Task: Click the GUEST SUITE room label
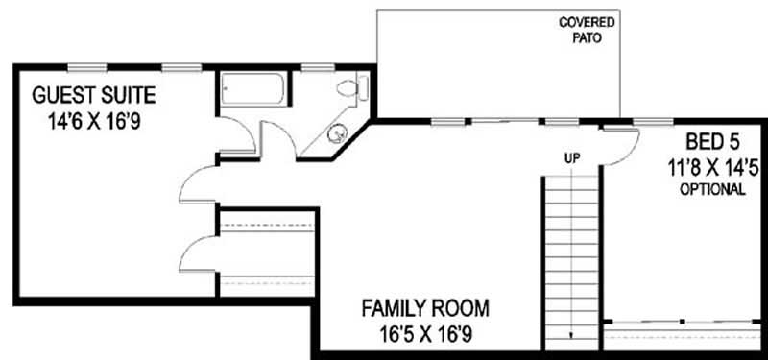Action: point(94,95)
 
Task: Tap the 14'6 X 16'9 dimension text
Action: point(94,122)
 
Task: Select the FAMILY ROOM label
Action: point(425,309)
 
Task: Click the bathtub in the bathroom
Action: point(252,91)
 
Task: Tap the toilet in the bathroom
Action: point(351,89)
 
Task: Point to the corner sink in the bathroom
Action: point(337,135)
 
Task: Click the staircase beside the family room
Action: point(572,259)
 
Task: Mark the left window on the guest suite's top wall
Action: point(87,67)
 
